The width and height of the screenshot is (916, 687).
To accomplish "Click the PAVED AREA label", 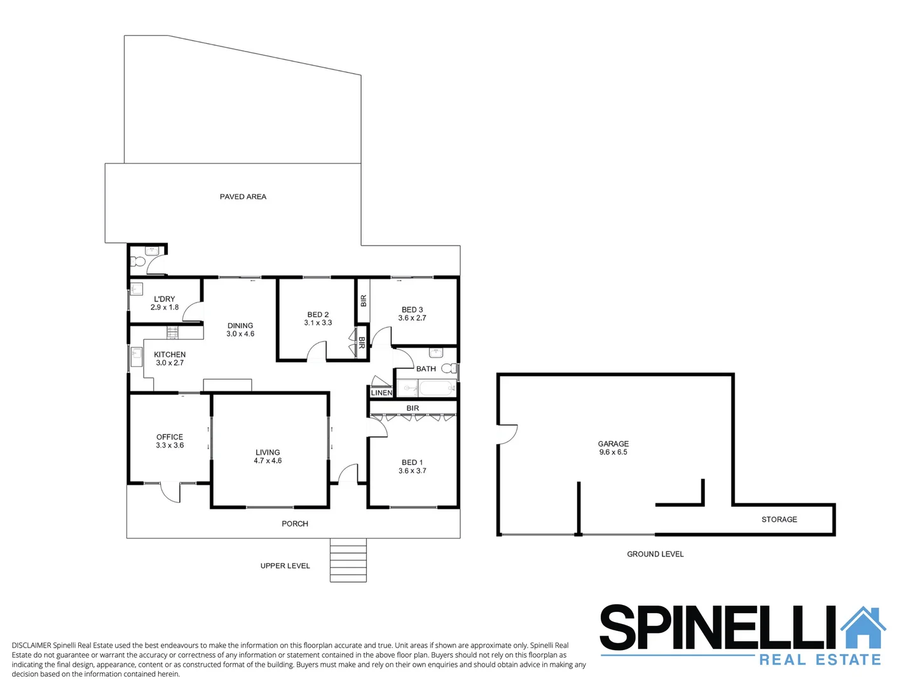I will (x=243, y=197).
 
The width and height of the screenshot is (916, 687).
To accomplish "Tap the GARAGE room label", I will (x=613, y=444).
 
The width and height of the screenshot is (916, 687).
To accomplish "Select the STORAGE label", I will (x=779, y=520).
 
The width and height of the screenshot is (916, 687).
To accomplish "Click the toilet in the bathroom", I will (x=449, y=368).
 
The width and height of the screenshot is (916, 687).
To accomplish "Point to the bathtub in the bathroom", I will (x=437, y=387).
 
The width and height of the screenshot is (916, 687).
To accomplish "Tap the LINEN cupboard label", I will (x=381, y=393).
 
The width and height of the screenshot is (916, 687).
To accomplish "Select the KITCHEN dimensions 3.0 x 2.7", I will (x=170, y=363).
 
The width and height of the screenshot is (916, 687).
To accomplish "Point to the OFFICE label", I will (x=170, y=437).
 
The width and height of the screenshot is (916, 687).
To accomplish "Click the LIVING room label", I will (x=268, y=452).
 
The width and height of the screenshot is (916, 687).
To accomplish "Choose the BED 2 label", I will (x=318, y=314).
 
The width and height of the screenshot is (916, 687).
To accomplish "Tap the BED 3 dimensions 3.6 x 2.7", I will (x=412, y=318).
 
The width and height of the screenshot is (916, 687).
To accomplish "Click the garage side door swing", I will (x=508, y=434).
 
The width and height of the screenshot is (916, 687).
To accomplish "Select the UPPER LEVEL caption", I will (x=285, y=566).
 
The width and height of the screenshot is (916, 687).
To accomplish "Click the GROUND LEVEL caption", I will (x=655, y=554).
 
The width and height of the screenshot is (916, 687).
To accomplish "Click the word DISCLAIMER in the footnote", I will (x=31, y=645).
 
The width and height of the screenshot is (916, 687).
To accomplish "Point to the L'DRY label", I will (x=164, y=299).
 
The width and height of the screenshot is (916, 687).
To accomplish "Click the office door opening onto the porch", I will (x=170, y=492).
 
